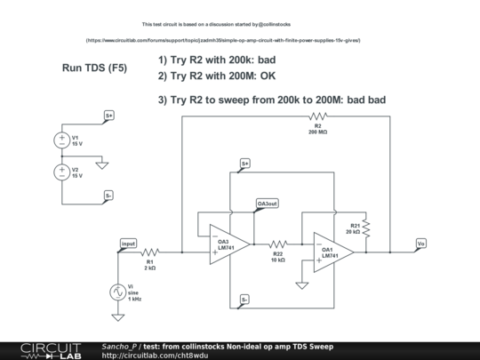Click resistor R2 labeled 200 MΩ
[317, 116]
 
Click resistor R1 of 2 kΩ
[150, 252]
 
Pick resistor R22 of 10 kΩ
[277, 242]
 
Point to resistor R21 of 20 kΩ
[365, 228]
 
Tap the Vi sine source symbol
[118, 292]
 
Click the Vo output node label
[420, 242]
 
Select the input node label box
[129, 243]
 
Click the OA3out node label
[268, 204]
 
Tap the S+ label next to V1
[108, 116]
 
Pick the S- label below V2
[108, 195]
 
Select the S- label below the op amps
[245, 300]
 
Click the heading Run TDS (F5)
[94, 68]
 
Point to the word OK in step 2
[268, 76]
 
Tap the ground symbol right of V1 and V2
[101, 165]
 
